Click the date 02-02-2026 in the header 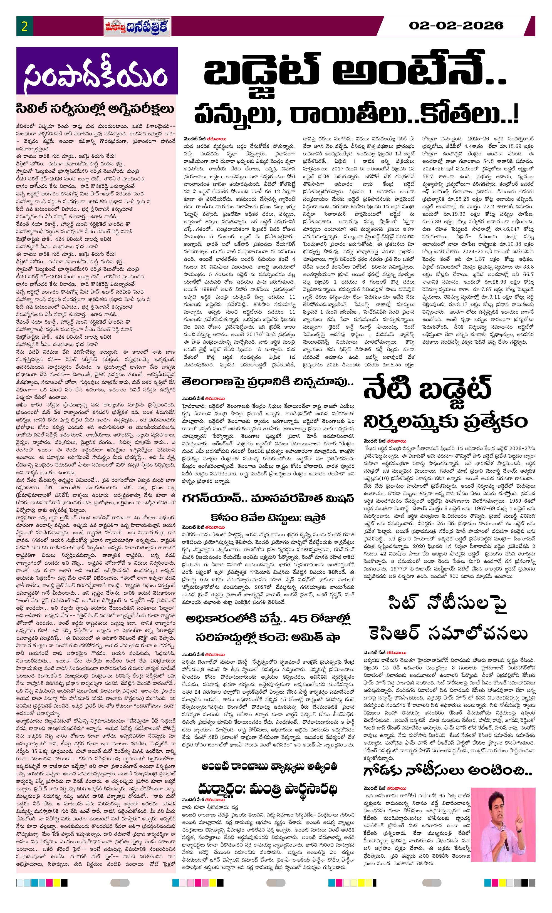[456, 26]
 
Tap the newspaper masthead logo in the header [137, 27]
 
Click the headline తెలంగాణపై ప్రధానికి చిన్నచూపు [268, 382]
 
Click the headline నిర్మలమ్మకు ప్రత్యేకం [445, 421]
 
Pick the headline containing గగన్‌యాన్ [268, 499]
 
